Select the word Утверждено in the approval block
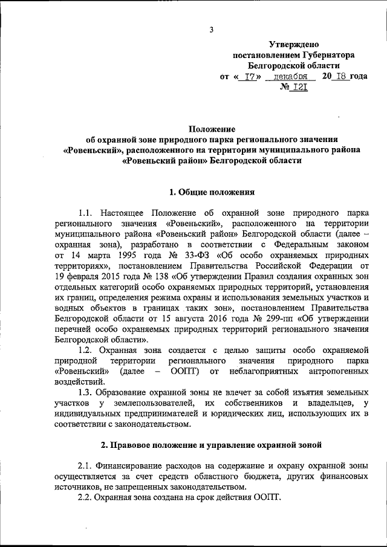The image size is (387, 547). click(x=293, y=44)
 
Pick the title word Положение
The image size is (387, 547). click(x=209, y=129)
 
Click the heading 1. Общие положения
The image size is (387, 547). click(x=209, y=192)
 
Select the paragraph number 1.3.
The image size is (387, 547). click(x=88, y=392)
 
